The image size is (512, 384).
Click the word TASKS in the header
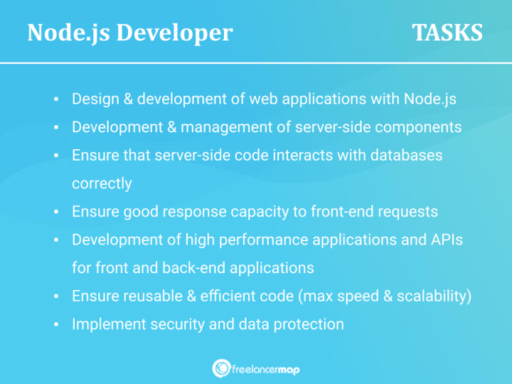click(x=447, y=33)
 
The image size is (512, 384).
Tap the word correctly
click(x=102, y=183)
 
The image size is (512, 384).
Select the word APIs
click(x=446, y=240)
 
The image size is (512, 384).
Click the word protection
click(x=309, y=324)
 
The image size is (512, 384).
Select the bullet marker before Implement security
click(x=55, y=324)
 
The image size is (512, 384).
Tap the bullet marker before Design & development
click(x=55, y=99)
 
